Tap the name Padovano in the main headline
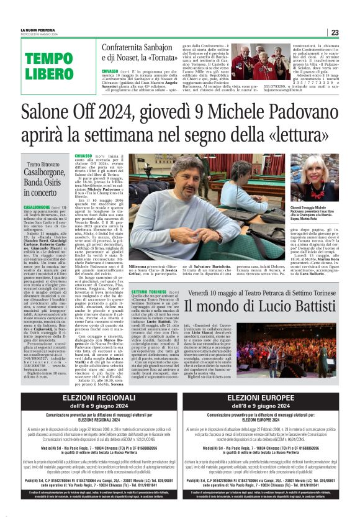click(x=296, y=113)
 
